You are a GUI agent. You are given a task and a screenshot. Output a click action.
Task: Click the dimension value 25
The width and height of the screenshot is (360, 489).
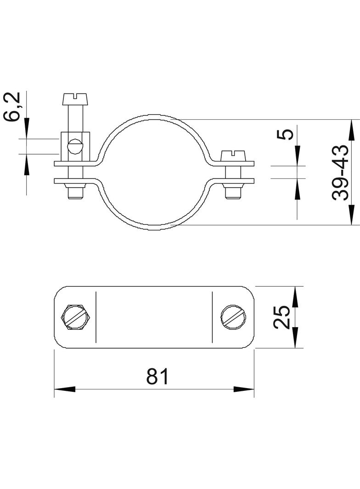point(282,317)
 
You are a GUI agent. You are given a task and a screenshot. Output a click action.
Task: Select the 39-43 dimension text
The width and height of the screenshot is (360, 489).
point(342,172)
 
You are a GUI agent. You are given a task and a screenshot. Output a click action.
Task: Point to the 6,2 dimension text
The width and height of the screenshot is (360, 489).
point(13,106)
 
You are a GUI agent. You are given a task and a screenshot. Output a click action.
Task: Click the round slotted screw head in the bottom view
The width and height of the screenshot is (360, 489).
point(233,317)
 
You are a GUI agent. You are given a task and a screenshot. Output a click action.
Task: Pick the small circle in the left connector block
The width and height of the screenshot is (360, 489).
point(74,147)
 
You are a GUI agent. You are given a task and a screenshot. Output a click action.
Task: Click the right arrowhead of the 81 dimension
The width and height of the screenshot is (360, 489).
point(244,389)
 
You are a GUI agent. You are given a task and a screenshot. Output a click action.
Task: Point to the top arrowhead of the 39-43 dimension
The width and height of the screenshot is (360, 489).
point(351,129)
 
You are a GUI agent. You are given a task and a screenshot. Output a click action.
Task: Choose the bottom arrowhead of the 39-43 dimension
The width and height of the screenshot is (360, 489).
point(351,215)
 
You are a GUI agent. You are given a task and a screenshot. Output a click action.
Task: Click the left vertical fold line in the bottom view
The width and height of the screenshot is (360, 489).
point(96,317)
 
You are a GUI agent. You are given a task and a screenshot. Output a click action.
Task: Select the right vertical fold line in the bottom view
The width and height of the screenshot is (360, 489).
point(212,317)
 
